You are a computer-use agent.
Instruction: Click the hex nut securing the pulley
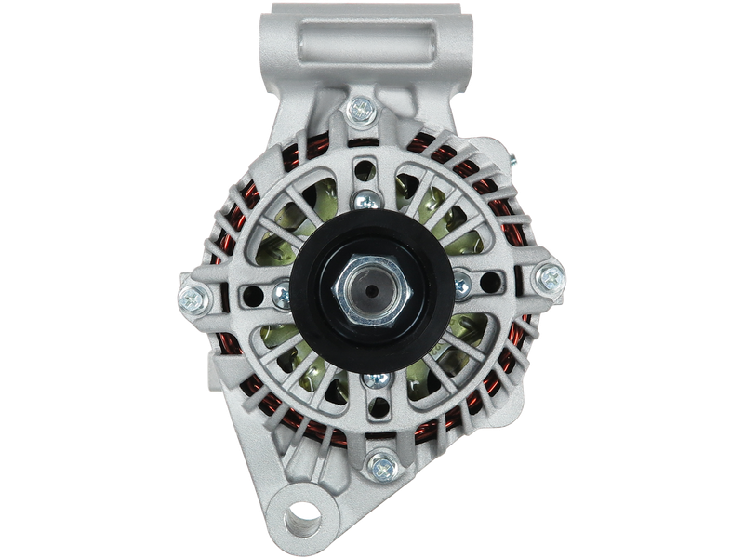(x=372, y=289)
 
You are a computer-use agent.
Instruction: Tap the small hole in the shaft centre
(x=372, y=290)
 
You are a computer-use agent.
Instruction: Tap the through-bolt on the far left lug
(x=193, y=298)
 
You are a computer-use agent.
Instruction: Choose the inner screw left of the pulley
(x=280, y=294)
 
